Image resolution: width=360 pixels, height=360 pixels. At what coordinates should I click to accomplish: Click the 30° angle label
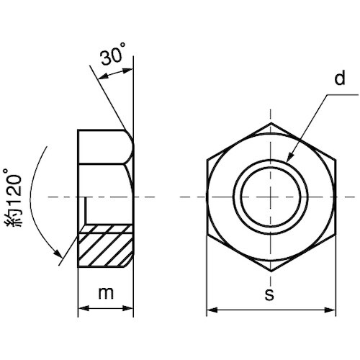pyautogui.click(x=113, y=55)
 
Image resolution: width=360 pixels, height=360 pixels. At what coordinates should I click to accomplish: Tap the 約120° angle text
pyautogui.click(x=13, y=197)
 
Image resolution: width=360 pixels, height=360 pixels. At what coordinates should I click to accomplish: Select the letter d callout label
pyautogui.click(x=340, y=78)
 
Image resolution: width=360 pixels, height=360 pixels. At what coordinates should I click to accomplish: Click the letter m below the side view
pyautogui.click(x=106, y=293)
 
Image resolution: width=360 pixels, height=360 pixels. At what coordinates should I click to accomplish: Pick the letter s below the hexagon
pyautogui.click(x=269, y=294)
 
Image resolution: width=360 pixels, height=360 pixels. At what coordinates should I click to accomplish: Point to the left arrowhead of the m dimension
pyautogui.click(x=84, y=308)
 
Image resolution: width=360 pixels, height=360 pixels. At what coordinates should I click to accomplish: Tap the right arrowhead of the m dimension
pyautogui.click(x=127, y=308)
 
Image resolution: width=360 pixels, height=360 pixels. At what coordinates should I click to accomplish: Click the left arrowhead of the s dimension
pyautogui.click(x=212, y=310)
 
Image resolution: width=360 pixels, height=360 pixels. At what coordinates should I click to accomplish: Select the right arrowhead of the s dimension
pyautogui.click(x=330, y=310)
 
